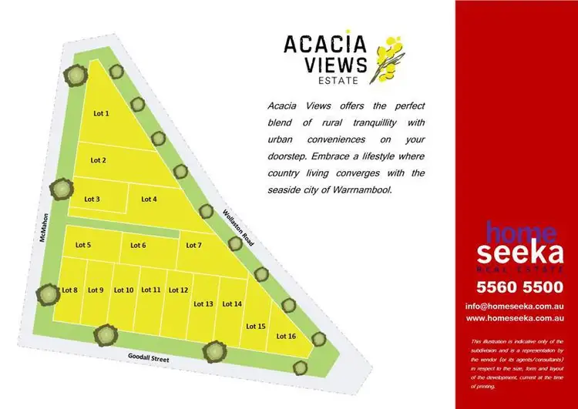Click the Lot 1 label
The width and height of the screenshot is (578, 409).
(x=101, y=113)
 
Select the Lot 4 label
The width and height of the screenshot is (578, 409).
(x=149, y=199)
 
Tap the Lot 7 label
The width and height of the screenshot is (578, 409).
(x=194, y=245)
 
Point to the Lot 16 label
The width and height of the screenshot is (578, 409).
(x=286, y=336)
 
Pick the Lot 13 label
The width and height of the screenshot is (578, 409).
(x=203, y=303)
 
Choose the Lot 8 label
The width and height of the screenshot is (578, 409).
(x=69, y=290)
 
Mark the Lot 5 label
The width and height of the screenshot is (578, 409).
(x=83, y=245)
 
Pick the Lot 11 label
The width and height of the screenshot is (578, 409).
(x=151, y=290)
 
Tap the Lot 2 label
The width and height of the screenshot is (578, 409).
(x=98, y=160)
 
